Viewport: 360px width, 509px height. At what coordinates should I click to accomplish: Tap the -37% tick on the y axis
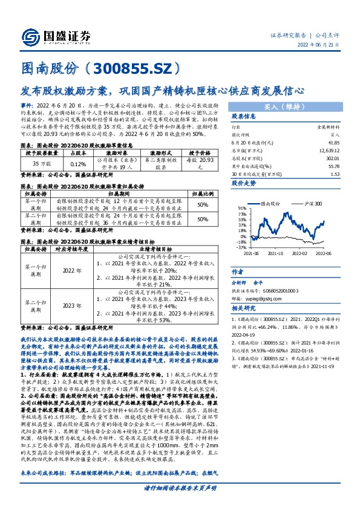[241, 247]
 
